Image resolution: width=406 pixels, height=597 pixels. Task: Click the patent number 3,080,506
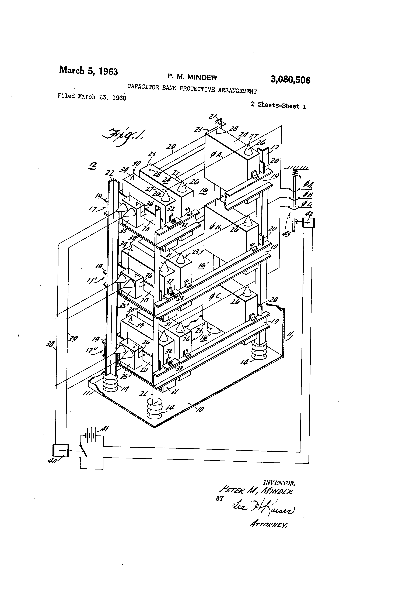pyautogui.click(x=290, y=80)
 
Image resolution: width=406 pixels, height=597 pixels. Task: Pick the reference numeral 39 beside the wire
pyautogui.click(x=73, y=339)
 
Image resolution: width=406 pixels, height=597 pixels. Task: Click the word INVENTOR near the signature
pyautogui.click(x=279, y=483)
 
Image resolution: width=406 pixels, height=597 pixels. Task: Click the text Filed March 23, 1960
pyautogui.click(x=92, y=97)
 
